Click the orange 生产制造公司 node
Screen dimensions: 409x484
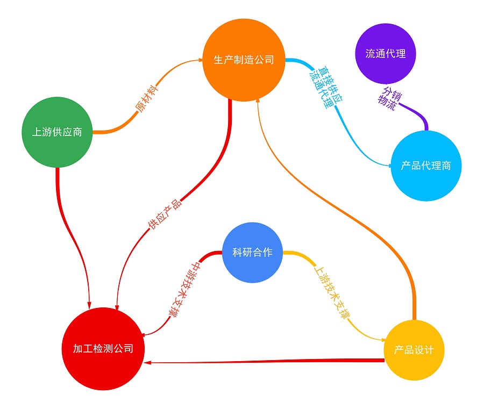point(244,60)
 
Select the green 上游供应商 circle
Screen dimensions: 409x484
point(57,132)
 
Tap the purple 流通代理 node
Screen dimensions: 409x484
point(386,54)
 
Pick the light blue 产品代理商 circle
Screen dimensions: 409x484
point(426,166)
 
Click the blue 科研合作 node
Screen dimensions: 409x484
point(252,253)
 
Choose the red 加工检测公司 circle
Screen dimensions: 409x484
point(103,348)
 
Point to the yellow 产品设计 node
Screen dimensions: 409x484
point(414,350)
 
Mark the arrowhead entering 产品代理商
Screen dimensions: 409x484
point(393,166)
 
